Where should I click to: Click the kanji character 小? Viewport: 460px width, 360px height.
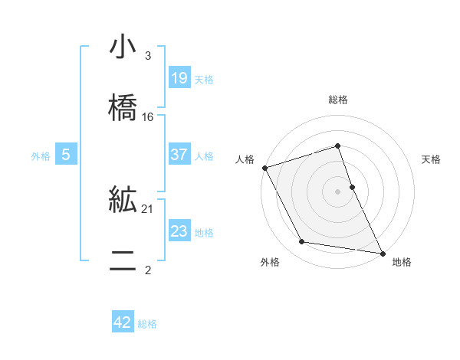(x=123, y=47)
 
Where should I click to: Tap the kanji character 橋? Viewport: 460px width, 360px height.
(x=123, y=107)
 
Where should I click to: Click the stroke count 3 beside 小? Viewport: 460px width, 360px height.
(x=148, y=56)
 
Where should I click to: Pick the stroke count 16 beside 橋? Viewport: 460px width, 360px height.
(x=148, y=117)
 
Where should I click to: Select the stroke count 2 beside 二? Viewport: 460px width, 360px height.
(x=148, y=270)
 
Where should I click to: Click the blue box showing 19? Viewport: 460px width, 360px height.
(x=179, y=78)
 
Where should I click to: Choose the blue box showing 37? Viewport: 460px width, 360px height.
(x=179, y=155)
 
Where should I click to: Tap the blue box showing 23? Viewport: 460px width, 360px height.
(x=179, y=231)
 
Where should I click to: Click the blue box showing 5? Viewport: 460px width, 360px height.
(x=66, y=155)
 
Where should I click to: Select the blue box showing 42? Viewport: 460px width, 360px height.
(x=123, y=322)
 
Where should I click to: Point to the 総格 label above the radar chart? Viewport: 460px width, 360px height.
(x=338, y=100)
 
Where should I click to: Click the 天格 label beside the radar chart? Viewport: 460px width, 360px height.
(x=432, y=159)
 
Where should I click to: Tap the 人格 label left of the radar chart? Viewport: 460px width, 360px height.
(x=245, y=159)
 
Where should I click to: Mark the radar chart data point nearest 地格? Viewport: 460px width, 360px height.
(x=382, y=252)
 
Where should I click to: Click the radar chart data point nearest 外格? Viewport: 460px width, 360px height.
(x=302, y=243)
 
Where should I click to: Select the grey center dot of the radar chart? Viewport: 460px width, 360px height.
(x=338, y=191)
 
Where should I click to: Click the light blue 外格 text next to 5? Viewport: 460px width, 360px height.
(x=41, y=155)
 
